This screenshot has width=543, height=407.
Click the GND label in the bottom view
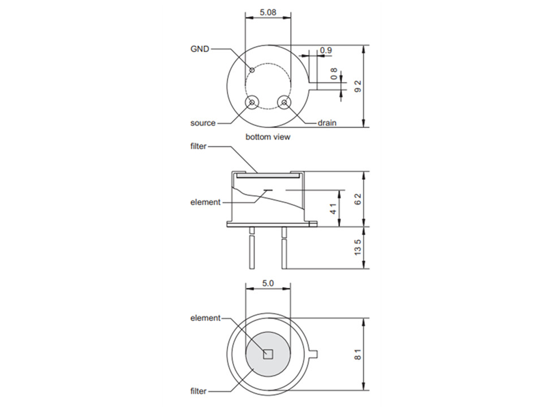point(200,49)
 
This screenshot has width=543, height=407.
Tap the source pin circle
point(252,102)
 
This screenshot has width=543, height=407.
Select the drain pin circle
point(285,102)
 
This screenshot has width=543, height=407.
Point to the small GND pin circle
point(252,70)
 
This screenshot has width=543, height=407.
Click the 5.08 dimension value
point(268,12)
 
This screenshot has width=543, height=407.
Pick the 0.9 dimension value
point(326,50)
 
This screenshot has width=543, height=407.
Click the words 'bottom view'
point(268,137)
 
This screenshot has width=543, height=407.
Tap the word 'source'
point(203,123)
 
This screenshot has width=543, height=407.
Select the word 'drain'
point(327,123)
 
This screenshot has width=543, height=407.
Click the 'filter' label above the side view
point(198,146)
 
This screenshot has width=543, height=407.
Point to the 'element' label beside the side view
point(205,202)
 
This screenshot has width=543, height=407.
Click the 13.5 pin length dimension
point(357,248)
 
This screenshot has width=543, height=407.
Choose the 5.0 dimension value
point(268,283)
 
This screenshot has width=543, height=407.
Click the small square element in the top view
point(268,354)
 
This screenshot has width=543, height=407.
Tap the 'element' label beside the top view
point(205,318)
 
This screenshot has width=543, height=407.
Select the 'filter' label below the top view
point(198,391)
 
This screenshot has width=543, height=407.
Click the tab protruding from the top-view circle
point(313,354)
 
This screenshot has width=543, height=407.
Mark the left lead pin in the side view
point(252,248)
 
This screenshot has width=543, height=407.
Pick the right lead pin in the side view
point(284,248)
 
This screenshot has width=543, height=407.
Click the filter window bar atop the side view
point(268,176)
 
